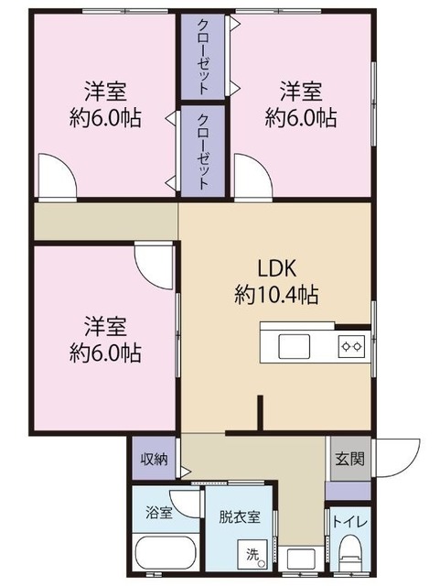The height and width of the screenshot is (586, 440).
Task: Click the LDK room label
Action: tap(277, 267)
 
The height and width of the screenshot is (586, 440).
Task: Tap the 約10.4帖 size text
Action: tap(276, 295)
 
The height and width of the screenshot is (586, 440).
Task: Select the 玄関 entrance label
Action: tap(349, 459)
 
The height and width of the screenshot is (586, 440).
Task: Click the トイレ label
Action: tap(350, 521)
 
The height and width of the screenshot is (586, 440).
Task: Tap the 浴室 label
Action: tap(159, 513)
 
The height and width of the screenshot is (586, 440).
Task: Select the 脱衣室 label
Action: tap(240, 516)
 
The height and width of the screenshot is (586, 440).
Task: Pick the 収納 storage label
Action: tap(155, 460)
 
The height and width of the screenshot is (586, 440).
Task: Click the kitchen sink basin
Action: tap(294, 346)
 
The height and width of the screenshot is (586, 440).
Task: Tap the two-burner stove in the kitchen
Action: tap(351, 347)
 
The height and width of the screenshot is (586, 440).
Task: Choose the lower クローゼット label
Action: tap(203, 151)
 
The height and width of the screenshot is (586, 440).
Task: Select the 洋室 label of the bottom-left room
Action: tap(105, 326)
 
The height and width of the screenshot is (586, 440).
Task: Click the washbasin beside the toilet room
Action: tap(301, 559)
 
